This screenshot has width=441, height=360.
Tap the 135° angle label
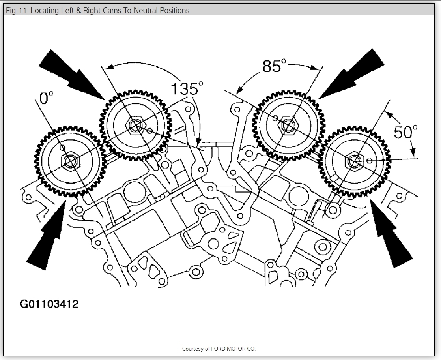pyautogui.click(x=184, y=89)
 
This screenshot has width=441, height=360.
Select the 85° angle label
pyautogui.click(x=274, y=66)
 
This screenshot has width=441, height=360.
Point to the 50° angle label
pyautogui.click(x=405, y=132)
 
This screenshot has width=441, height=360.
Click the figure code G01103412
pyautogui.click(x=49, y=304)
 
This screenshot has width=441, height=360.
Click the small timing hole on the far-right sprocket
pyautogui.click(x=369, y=161)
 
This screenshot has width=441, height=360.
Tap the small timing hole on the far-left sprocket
pyautogui.click(x=62, y=148)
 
